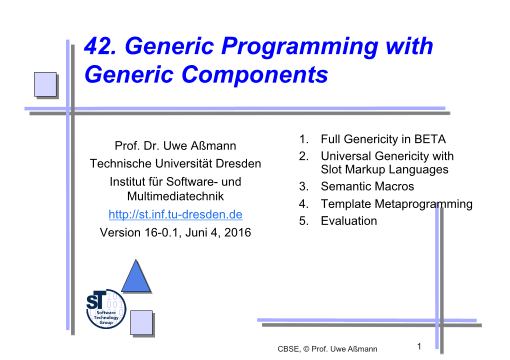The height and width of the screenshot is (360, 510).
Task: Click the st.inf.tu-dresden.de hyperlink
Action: [175, 214]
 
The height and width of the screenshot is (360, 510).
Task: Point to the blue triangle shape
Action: [136, 276]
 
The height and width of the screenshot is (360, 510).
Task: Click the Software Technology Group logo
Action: [106, 308]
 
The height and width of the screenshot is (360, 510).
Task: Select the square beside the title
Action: [45, 84]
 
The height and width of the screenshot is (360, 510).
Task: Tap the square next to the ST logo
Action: [141, 322]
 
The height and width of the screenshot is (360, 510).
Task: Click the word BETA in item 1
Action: [429, 139]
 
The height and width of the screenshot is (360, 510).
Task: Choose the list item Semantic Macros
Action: [367, 186]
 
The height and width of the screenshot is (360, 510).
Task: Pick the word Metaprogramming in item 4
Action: [423, 204]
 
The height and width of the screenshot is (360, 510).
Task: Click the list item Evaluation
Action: [348, 221]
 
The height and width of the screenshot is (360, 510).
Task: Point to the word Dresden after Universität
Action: [238, 163]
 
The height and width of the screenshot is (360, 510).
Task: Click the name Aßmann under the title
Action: [213, 145]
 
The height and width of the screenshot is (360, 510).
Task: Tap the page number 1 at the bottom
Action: [419, 346]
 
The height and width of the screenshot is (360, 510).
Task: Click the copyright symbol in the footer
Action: [306, 349]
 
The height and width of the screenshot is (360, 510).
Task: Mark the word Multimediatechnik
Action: [175, 196]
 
